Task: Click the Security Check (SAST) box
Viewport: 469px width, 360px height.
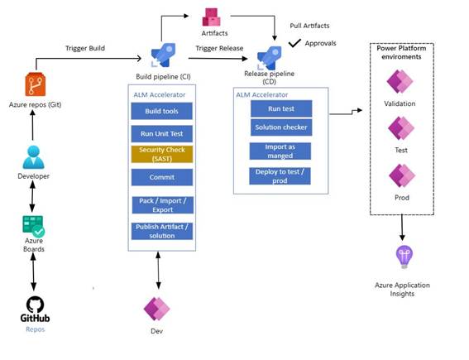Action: (x=162, y=154)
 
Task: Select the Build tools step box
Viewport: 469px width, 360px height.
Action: (x=162, y=111)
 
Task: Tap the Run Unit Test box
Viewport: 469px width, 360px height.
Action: (x=162, y=132)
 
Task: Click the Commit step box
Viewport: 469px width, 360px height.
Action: (x=162, y=177)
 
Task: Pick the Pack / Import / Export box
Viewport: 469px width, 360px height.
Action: (x=162, y=204)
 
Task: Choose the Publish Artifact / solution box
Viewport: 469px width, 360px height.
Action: (x=162, y=231)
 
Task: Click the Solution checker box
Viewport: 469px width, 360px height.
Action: (x=280, y=127)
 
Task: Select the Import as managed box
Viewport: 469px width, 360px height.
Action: (x=280, y=151)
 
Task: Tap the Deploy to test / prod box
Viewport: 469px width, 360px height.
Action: (x=280, y=175)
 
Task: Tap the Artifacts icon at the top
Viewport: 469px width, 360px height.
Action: (x=213, y=15)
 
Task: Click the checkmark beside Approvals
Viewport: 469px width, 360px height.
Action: (x=294, y=41)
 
